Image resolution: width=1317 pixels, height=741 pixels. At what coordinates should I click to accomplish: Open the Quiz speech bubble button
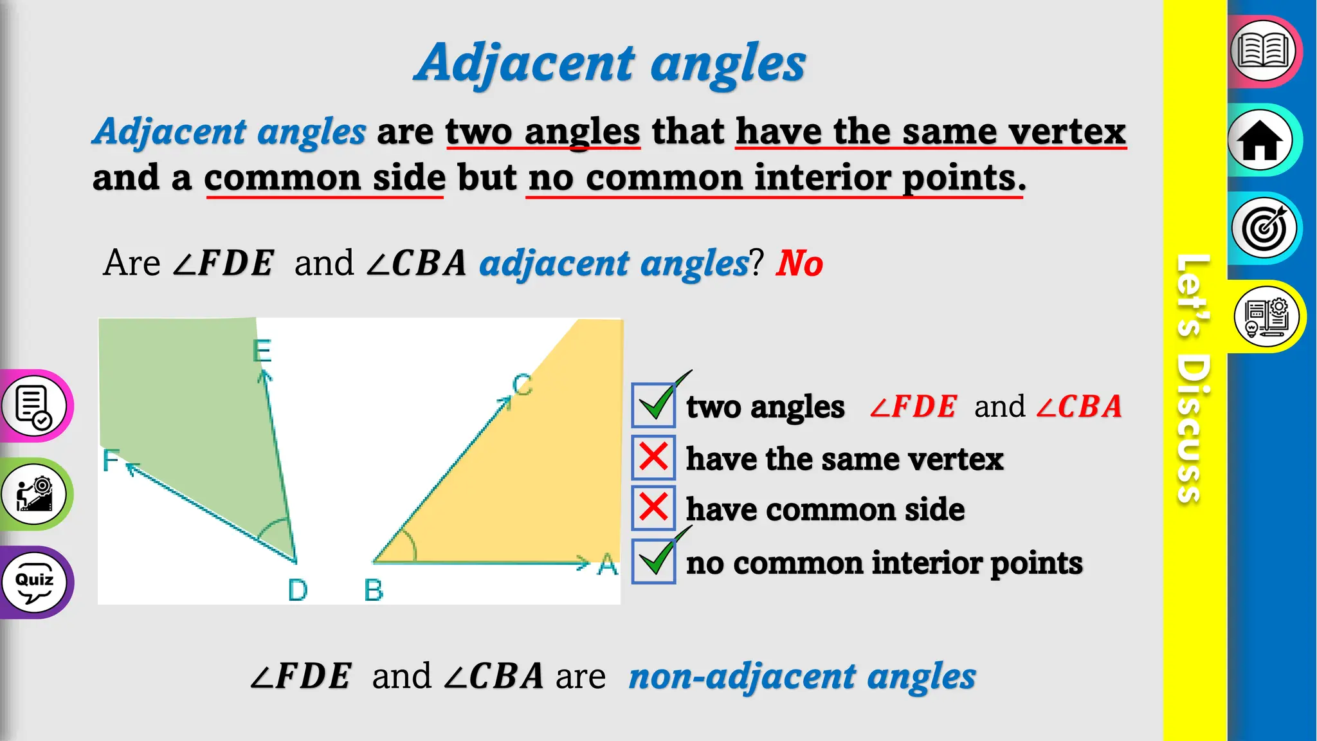34,583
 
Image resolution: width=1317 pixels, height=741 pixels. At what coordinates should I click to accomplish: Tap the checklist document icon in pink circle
34,407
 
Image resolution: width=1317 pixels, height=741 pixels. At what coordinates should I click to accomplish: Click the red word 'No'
799,264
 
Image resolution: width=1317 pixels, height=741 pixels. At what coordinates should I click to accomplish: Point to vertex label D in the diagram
298,590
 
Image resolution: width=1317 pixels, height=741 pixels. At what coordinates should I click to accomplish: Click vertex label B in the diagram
374,590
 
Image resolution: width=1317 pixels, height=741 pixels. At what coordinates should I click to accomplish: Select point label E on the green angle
262,351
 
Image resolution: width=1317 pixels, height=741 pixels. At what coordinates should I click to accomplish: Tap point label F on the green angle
111,461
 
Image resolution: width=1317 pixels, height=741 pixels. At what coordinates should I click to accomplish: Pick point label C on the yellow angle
522,385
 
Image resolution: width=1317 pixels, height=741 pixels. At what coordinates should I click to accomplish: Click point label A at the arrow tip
608,565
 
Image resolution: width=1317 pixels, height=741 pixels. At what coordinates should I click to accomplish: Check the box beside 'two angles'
653,405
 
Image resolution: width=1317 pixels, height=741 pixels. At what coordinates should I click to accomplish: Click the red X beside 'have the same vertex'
653,458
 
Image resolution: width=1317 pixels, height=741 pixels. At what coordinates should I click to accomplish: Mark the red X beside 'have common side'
653,508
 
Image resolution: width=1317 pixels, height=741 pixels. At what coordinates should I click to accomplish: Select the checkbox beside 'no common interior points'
653,561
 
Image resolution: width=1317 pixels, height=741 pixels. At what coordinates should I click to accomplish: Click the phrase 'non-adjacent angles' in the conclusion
802,677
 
